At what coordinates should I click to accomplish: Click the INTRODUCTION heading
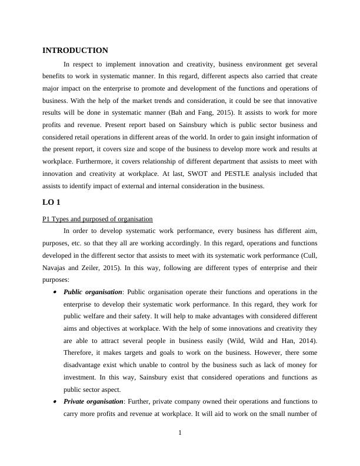pos(75,51)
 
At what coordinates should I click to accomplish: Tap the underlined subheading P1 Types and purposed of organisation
pos(98,219)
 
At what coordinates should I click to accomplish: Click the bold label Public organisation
pos(92,291)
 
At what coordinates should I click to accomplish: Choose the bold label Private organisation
pos(93,401)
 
